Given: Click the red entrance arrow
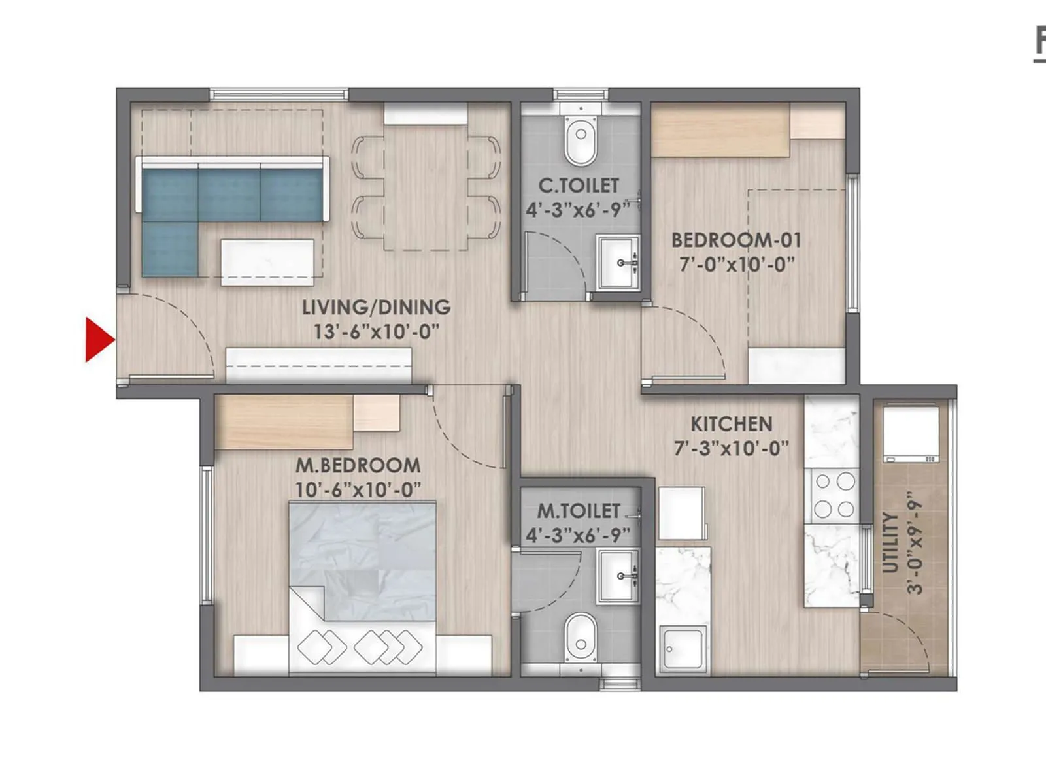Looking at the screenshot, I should click(99, 339).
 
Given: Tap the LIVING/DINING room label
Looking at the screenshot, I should click(376, 306).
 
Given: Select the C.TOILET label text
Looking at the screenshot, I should click(578, 186).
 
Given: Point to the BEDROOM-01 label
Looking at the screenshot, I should click(736, 240).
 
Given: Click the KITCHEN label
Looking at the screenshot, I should click(731, 424).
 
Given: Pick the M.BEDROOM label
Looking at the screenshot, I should click(358, 465).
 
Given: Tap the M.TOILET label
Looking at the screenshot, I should click(578, 511).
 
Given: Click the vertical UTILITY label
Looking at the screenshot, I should click(890, 542).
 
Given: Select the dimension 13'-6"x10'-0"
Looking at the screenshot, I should click(376, 331).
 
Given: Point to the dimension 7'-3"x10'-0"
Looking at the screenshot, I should click(731, 449).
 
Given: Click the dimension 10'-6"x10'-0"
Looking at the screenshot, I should click(358, 489).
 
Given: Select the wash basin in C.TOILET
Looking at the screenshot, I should click(617, 262).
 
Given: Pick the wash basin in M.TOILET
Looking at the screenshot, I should click(617, 576).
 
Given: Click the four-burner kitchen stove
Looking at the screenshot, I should click(834, 496).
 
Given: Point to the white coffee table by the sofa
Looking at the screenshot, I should click(267, 262).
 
